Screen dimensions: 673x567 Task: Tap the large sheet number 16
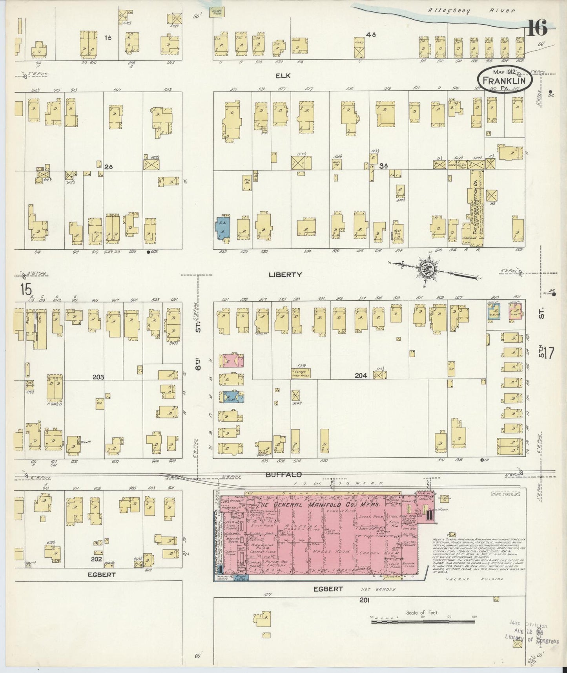537,28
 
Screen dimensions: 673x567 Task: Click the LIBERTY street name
285,274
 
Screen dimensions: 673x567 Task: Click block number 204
361,375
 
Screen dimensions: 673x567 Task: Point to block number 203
98,377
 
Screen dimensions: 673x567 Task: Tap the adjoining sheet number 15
26,290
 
